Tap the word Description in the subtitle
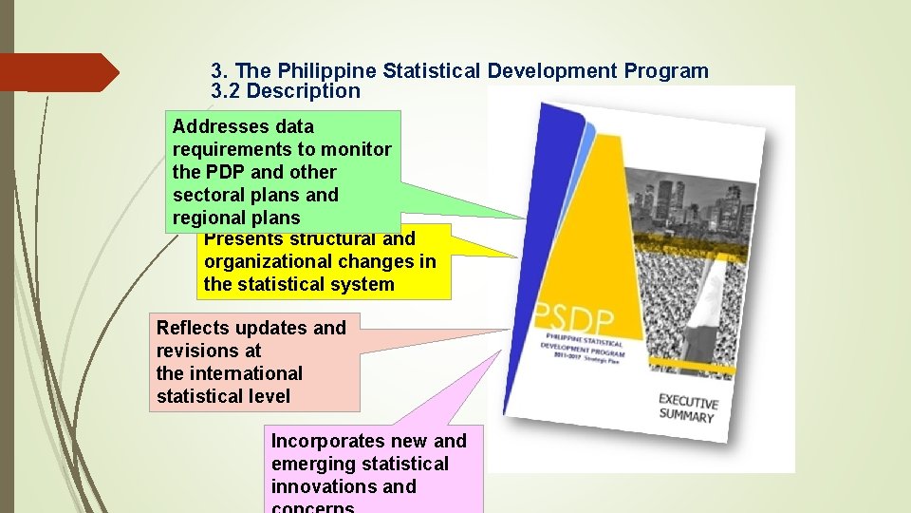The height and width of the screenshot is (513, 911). tap(304, 92)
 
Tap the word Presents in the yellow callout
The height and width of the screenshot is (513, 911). tap(236, 239)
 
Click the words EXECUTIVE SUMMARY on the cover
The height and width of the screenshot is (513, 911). tap(687, 408)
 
